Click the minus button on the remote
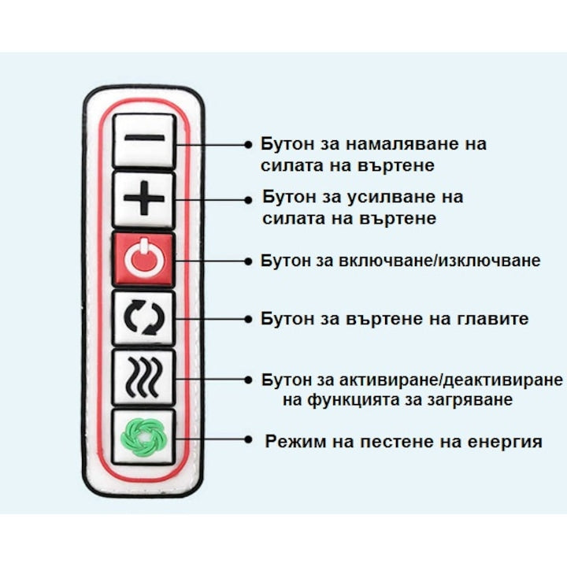tap(144, 140)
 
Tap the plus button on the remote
tap(144, 199)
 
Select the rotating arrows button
tap(144, 317)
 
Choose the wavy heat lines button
tap(144, 377)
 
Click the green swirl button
tap(144, 437)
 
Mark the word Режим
tap(296, 442)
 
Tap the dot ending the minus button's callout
tap(248, 145)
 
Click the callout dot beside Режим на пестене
tap(248, 439)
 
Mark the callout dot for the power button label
tap(248, 261)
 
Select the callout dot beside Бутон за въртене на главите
tap(248, 319)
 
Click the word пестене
tap(398, 442)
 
